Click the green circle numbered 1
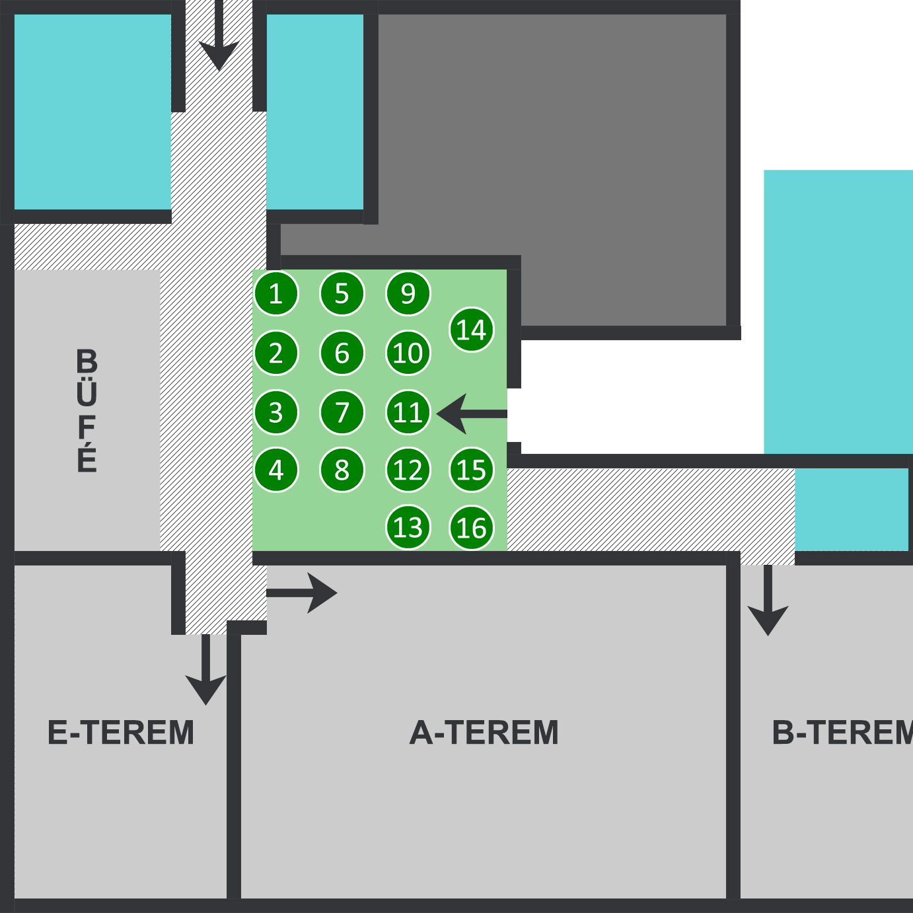click(276, 293)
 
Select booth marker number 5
click(342, 293)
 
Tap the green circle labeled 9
click(408, 293)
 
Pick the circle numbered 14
click(472, 330)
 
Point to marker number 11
click(408, 413)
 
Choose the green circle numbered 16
click(472, 528)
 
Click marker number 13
click(408, 528)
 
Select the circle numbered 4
click(276, 470)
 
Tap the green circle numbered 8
click(342, 470)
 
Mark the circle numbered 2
click(276, 353)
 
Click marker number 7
click(342, 413)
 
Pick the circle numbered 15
click(472, 470)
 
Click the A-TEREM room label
click(484, 733)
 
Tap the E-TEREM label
click(121, 733)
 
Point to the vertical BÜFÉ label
click(87, 410)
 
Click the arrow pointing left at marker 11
click(470, 414)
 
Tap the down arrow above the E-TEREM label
click(205, 669)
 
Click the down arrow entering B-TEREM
click(768, 601)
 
